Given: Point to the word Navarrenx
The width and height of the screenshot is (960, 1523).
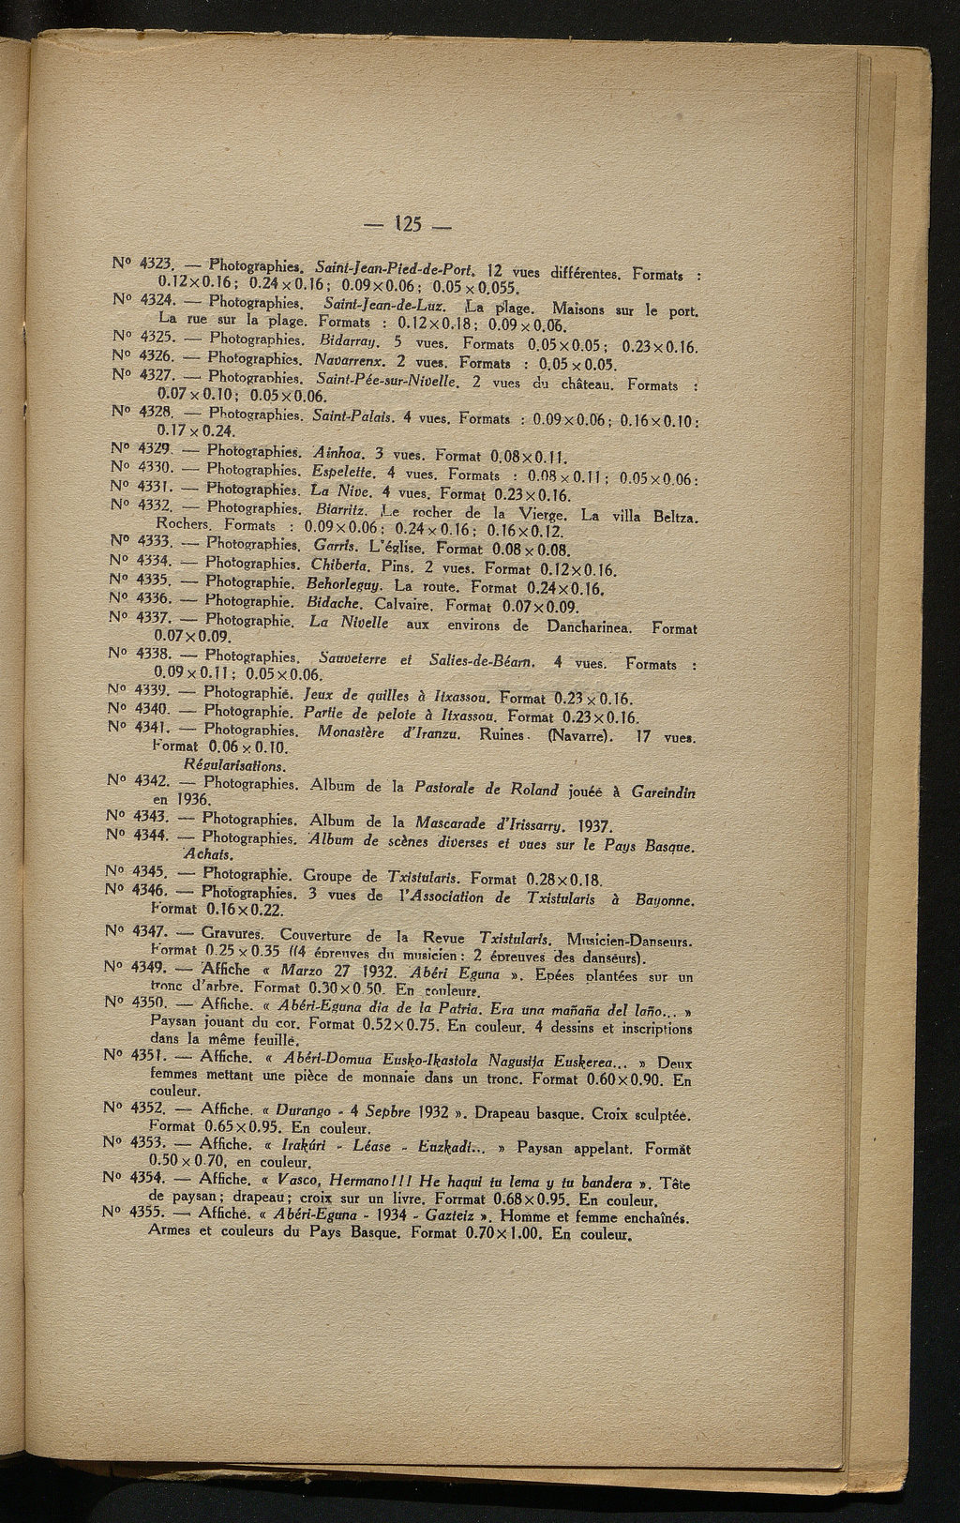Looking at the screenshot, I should coord(352,359).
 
